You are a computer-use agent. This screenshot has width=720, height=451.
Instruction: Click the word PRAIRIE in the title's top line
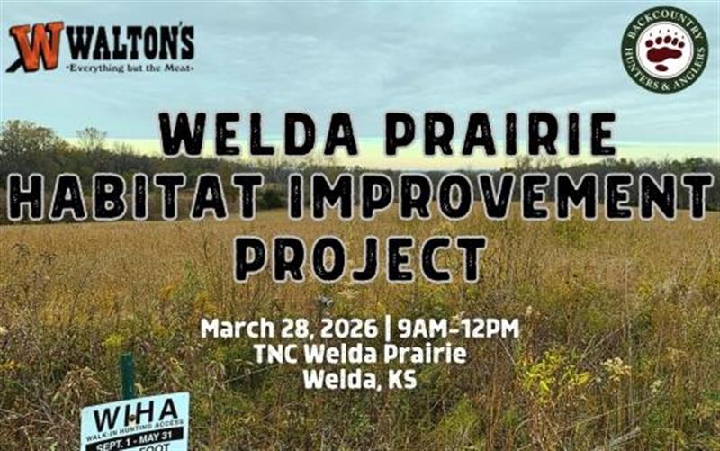(500, 136)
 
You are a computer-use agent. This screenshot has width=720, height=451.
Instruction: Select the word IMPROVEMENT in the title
(500, 196)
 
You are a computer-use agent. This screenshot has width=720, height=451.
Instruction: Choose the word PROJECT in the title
(360, 258)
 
